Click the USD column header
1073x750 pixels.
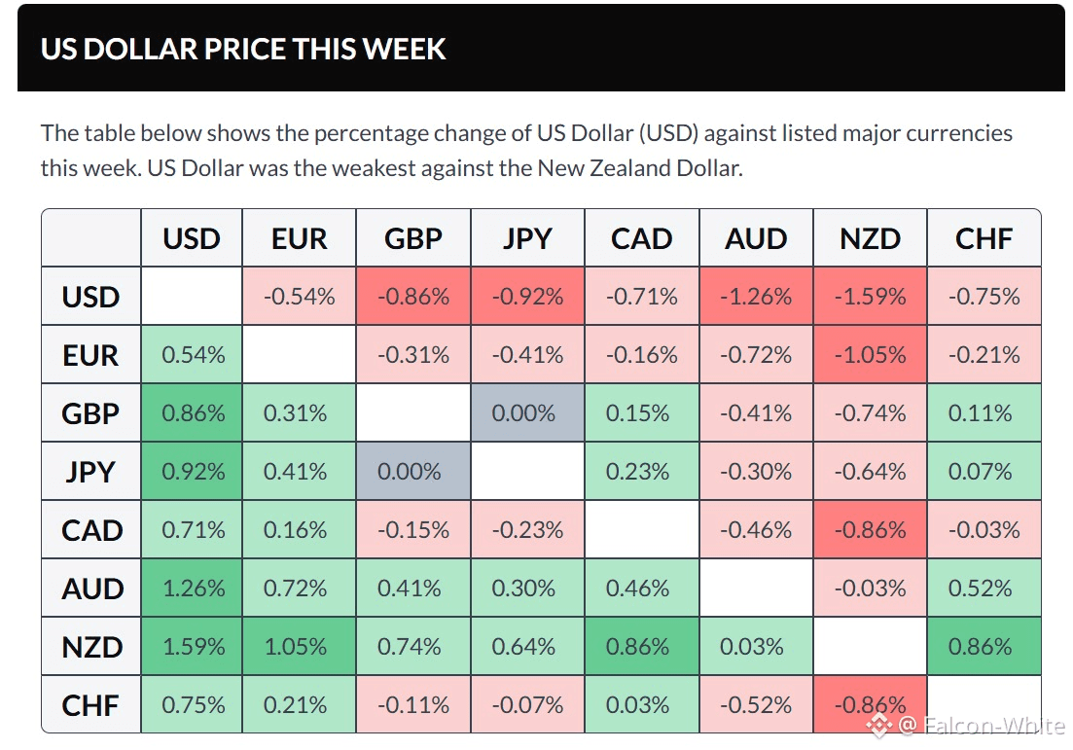click(192, 238)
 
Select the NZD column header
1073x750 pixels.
click(870, 238)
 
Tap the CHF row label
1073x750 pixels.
click(91, 705)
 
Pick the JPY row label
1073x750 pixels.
click(91, 472)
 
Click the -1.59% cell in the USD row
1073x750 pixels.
click(870, 297)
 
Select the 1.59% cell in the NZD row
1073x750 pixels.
click(192, 647)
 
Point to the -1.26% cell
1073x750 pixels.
click(756, 297)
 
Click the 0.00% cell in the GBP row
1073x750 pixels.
click(527, 413)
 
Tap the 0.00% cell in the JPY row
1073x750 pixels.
click(413, 472)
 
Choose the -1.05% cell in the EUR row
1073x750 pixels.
click(870, 355)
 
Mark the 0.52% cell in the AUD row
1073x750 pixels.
click(984, 589)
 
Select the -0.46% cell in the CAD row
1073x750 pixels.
click(756, 530)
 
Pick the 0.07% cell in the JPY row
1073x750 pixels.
click(984, 472)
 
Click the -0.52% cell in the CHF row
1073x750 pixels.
click(756, 705)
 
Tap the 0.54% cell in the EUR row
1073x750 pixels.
click(192, 355)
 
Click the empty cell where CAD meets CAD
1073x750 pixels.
click(641, 530)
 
